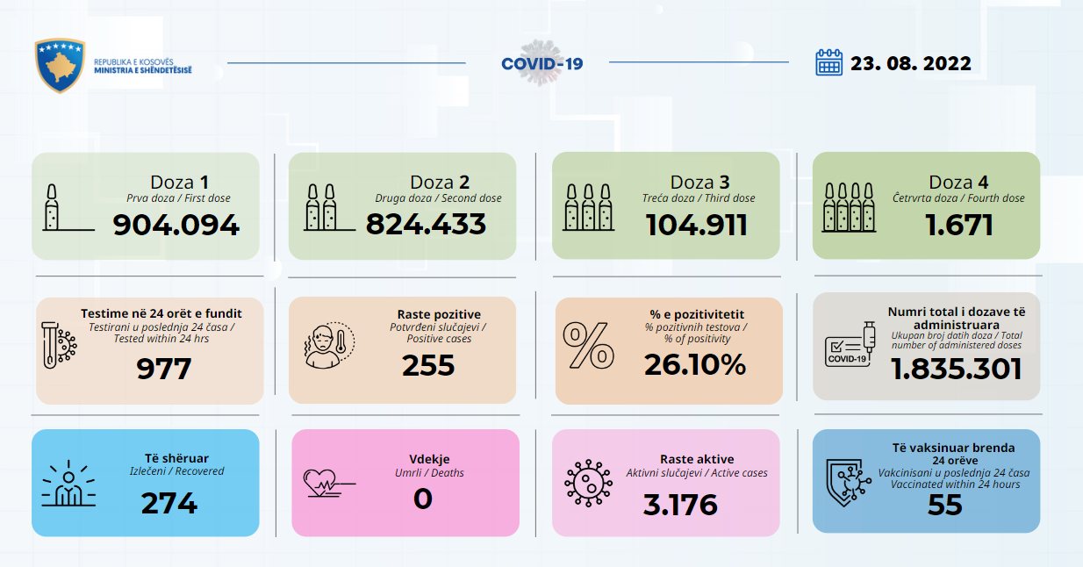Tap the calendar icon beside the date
828,63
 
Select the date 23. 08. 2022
910,63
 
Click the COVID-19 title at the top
541,63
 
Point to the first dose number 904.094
176,225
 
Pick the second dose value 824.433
426,224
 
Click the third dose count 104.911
697,225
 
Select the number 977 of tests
163,369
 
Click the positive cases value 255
428,365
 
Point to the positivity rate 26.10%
695,364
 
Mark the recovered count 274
169,502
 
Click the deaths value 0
422,499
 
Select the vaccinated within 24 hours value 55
944,505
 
